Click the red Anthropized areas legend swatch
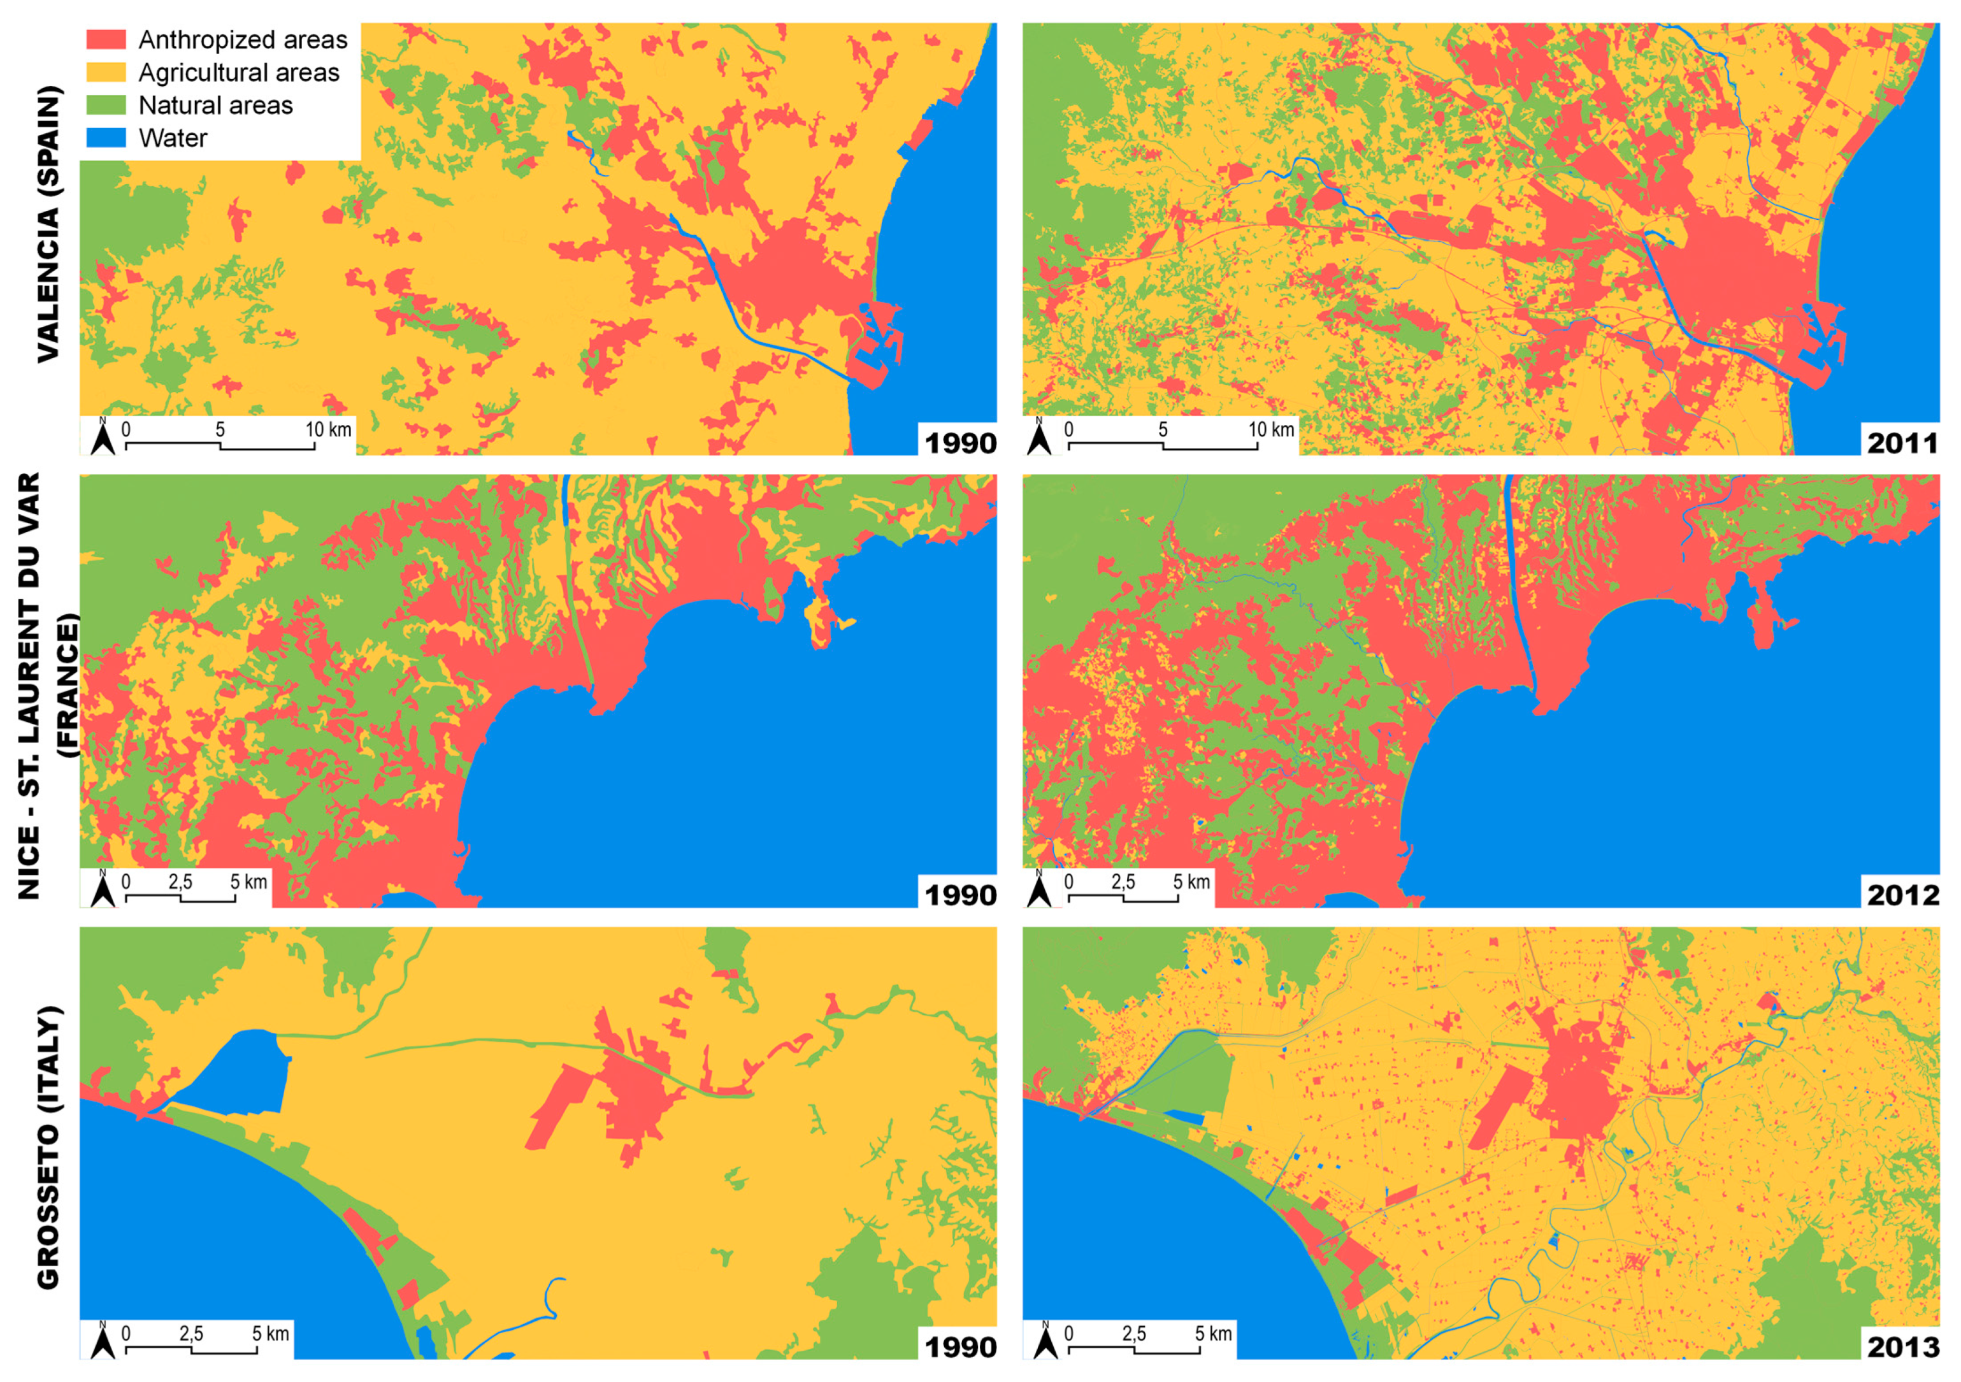(106, 40)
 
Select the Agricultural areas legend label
(238, 73)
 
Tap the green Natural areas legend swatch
(106, 105)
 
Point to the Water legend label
(173, 138)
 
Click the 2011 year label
(1901, 443)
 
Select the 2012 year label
(1901, 895)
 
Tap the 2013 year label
(1901, 1347)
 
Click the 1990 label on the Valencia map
(960, 443)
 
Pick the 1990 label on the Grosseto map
(960, 1347)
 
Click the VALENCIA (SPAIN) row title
(48, 224)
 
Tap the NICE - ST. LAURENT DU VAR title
(29, 686)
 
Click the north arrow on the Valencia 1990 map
(103, 436)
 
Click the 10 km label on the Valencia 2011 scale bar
(1271, 429)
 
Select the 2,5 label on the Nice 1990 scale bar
(180, 881)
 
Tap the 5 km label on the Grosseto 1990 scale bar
(270, 1334)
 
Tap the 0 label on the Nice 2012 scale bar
(1068, 881)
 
